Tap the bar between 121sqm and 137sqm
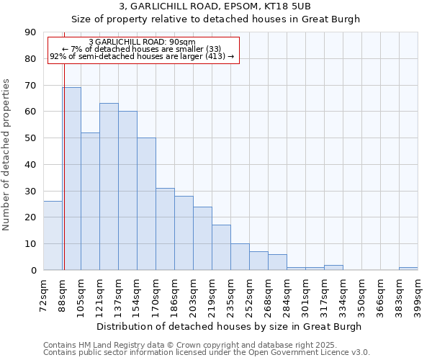point(109,186)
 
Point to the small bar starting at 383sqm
point(408,269)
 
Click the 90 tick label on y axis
point(30,32)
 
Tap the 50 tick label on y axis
point(30,138)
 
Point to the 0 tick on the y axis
point(33,271)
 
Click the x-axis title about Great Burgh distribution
point(230,326)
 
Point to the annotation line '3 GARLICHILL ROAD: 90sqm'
point(142,42)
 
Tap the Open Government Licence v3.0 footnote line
point(207,352)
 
